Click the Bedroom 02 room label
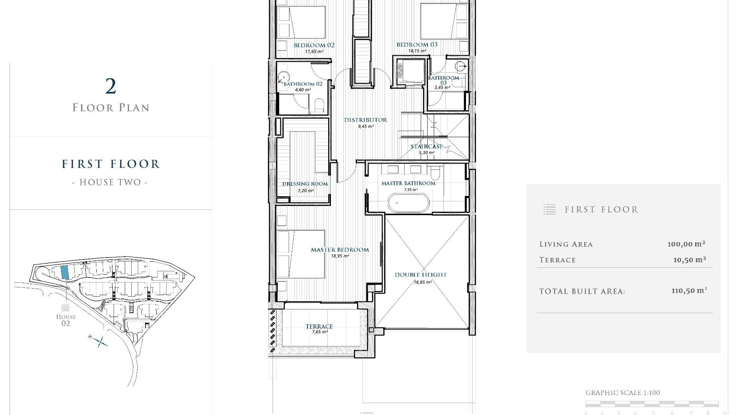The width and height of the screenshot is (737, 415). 314,45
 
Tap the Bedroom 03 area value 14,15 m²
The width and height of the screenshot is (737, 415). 417,51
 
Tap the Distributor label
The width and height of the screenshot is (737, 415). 365,120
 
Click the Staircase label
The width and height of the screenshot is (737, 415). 426,146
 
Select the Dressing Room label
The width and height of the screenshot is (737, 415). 305,184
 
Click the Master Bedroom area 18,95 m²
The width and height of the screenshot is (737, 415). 340,256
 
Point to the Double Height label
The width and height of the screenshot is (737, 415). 421,275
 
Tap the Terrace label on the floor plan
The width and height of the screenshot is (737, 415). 319,327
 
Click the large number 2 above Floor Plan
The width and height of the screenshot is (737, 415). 111,86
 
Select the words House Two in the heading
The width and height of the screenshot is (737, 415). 110,182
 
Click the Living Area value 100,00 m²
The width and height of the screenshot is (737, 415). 686,244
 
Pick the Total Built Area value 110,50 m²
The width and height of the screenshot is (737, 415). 689,291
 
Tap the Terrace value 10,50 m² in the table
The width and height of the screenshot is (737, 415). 689,260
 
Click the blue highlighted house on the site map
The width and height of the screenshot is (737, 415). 65,272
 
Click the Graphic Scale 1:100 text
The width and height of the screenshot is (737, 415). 623,393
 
